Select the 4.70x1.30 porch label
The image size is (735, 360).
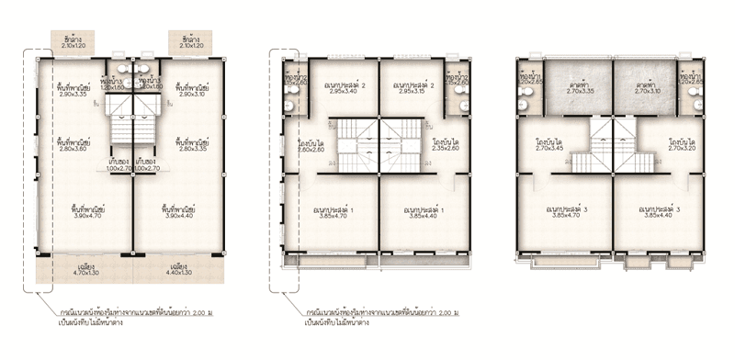coord(88,272)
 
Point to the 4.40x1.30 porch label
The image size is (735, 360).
coord(180,272)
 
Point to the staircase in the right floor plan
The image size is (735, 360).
coord(613,147)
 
